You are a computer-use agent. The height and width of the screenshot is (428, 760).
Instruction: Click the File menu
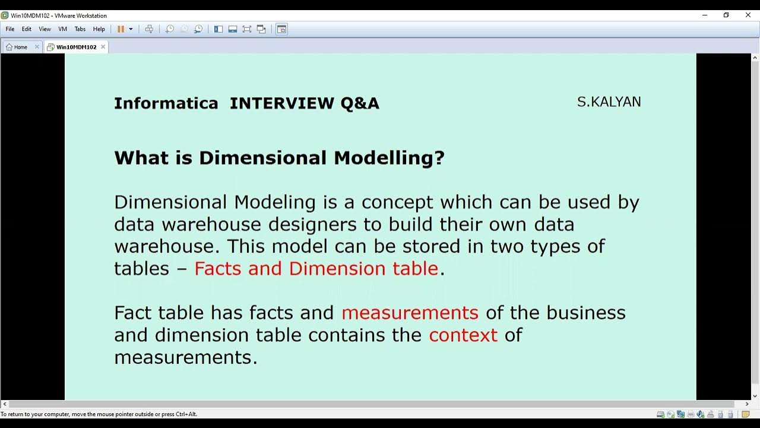pyautogui.click(x=10, y=29)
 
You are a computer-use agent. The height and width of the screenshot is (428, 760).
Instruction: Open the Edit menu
pyautogui.click(x=27, y=29)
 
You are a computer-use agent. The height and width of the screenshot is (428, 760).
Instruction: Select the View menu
pyautogui.click(x=45, y=29)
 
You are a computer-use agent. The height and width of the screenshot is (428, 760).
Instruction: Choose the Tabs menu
pyautogui.click(x=80, y=29)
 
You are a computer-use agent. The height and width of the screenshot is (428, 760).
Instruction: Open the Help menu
pyautogui.click(x=99, y=29)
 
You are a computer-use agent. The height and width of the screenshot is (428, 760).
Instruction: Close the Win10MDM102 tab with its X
pyautogui.click(x=103, y=46)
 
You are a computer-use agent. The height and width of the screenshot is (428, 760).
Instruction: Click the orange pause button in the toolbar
pyautogui.click(x=121, y=29)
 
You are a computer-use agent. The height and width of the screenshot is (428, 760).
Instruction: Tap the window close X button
pyautogui.click(x=748, y=15)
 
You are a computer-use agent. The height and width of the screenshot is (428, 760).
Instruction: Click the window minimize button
pyautogui.click(x=705, y=15)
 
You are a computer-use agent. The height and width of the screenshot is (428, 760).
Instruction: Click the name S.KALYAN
pyautogui.click(x=609, y=102)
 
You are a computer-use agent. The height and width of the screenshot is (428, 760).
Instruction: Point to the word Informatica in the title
pyautogui.click(x=166, y=103)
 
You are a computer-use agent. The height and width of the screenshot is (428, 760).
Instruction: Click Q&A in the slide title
pyautogui.click(x=359, y=103)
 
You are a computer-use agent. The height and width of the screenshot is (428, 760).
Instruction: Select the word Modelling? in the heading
pyautogui.click(x=389, y=158)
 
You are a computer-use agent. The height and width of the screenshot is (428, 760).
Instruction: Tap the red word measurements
pyautogui.click(x=410, y=313)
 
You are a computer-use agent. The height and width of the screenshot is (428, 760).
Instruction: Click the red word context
pyautogui.click(x=463, y=335)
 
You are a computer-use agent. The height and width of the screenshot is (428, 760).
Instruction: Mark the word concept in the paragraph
pyautogui.click(x=397, y=203)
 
